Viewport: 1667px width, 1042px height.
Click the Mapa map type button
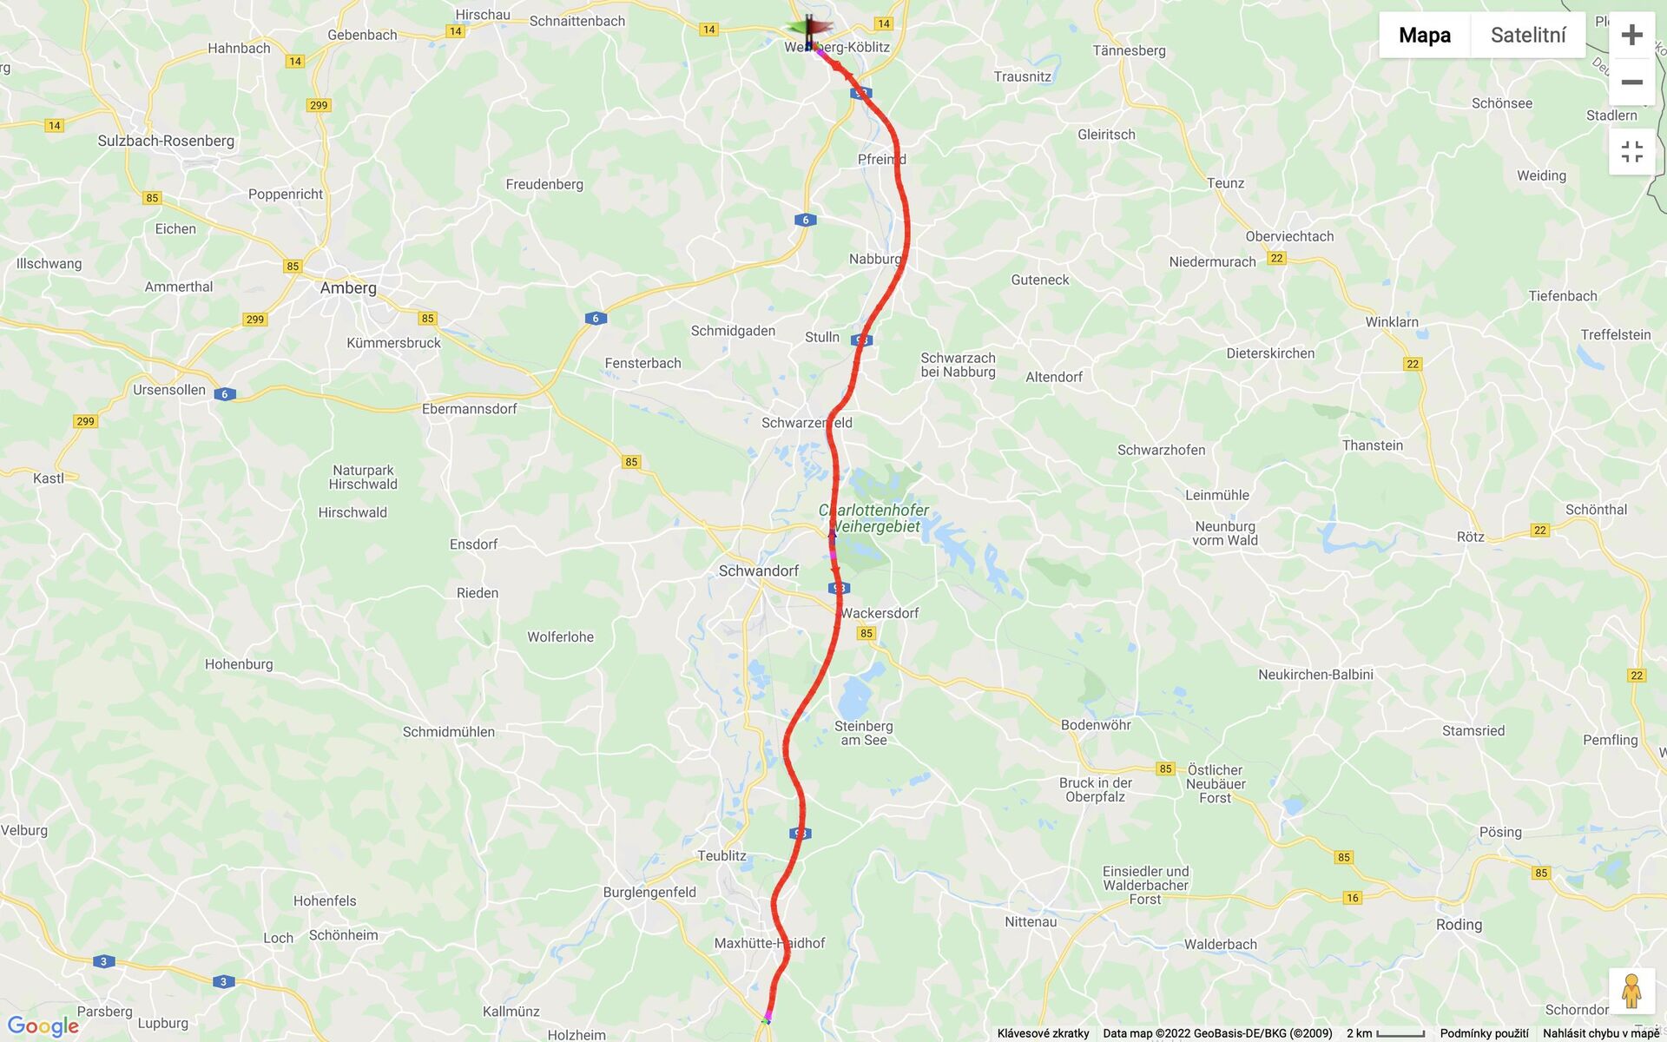[1424, 35]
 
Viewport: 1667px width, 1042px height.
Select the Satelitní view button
[1527, 35]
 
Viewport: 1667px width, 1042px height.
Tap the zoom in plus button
[1631, 35]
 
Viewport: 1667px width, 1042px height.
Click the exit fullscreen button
[1631, 152]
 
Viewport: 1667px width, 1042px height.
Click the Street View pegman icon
[1631, 991]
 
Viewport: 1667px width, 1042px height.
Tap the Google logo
[43, 1026]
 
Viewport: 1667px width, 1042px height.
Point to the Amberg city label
[348, 288]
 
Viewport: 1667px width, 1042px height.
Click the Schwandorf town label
[758, 570]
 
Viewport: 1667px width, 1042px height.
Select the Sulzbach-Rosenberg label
[166, 141]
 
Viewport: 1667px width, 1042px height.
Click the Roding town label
[1459, 925]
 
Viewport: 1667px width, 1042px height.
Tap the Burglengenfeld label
[649, 892]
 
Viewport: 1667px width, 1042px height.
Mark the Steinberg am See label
[863, 733]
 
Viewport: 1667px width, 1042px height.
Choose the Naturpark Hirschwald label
[363, 478]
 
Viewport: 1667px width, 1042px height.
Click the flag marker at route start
[809, 31]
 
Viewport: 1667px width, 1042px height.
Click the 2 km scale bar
[1386, 1033]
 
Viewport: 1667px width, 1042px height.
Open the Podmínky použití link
[1484, 1033]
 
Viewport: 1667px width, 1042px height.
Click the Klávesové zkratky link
[1043, 1033]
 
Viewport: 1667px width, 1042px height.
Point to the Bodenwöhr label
[1096, 725]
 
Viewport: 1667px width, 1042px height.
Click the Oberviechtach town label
[1289, 236]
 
